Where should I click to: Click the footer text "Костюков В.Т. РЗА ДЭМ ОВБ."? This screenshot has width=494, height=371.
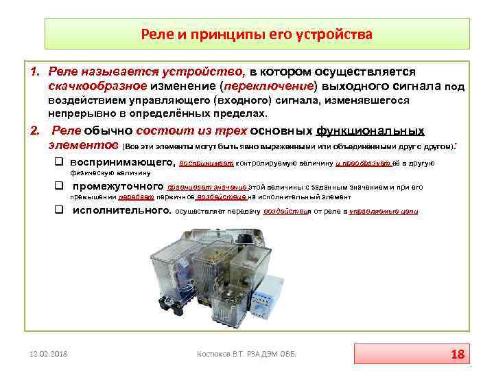246,355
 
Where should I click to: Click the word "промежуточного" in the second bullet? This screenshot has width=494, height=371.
118,186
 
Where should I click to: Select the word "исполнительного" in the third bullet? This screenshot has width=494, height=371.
121,211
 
